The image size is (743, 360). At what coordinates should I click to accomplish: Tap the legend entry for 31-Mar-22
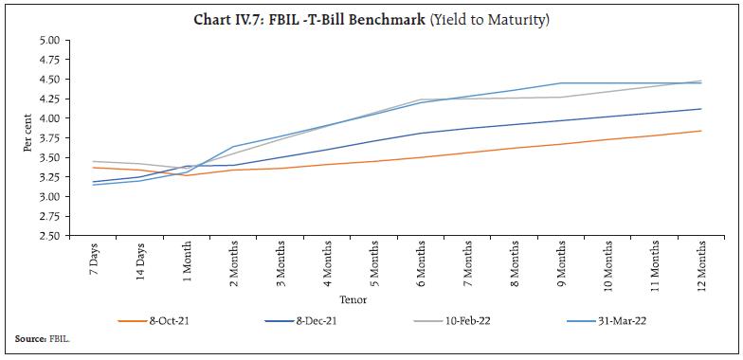(594, 320)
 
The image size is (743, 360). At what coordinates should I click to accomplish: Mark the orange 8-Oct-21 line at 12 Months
(701, 131)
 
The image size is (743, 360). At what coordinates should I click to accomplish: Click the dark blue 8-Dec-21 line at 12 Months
(701, 109)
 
